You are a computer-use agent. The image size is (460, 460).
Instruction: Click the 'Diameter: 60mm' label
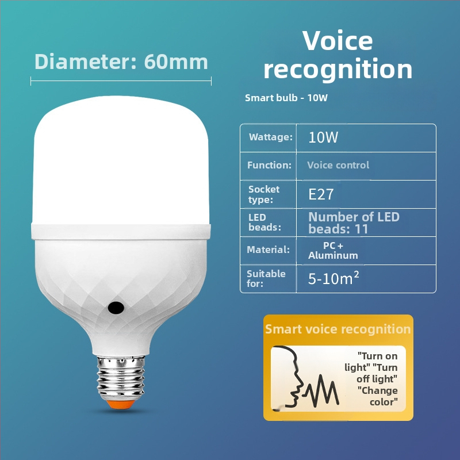click(121, 62)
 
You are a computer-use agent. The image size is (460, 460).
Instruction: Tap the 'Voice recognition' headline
click(338, 55)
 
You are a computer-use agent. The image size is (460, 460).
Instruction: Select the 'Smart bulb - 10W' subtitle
click(286, 98)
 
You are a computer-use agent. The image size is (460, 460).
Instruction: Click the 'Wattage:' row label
click(270, 137)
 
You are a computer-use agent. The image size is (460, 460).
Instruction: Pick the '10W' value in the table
click(324, 138)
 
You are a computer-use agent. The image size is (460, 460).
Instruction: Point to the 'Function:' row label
click(269, 165)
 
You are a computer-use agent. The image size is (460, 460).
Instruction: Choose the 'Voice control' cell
click(338, 165)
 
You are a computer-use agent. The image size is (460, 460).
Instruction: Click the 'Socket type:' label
click(264, 194)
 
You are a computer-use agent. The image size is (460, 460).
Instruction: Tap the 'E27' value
click(321, 194)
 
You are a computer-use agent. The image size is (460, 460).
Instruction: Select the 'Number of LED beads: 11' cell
click(354, 223)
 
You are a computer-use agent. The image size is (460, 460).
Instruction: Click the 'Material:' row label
click(268, 250)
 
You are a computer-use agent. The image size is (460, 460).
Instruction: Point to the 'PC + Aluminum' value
click(333, 250)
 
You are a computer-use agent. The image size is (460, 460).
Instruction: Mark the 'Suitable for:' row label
click(266, 278)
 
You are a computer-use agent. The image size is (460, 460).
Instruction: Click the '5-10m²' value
click(334, 278)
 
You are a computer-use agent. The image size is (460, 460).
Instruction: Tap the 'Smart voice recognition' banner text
click(338, 329)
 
